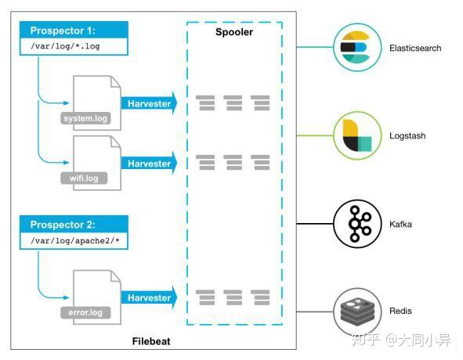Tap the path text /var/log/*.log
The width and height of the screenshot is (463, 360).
point(65,46)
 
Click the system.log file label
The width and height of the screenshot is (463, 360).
point(85,119)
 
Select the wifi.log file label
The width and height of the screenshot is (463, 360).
point(85,178)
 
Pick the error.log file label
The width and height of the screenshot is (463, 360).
point(85,313)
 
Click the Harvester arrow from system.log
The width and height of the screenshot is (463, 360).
point(148,103)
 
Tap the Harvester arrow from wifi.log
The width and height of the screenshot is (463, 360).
point(148,164)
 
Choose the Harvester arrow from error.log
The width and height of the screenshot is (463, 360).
point(148,298)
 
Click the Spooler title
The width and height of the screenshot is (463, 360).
point(233,32)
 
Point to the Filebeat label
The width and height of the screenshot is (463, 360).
point(152,342)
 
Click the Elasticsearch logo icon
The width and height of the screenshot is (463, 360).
point(355,47)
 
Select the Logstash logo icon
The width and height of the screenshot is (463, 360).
point(355,135)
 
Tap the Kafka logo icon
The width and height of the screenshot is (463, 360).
point(355,224)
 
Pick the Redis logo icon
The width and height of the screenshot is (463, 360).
point(355,311)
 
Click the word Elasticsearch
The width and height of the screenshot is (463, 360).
point(415,48)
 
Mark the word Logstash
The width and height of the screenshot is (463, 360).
point(407,136)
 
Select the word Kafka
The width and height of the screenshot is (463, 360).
point(400,225)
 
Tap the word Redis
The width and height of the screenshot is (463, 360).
point(400,311)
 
